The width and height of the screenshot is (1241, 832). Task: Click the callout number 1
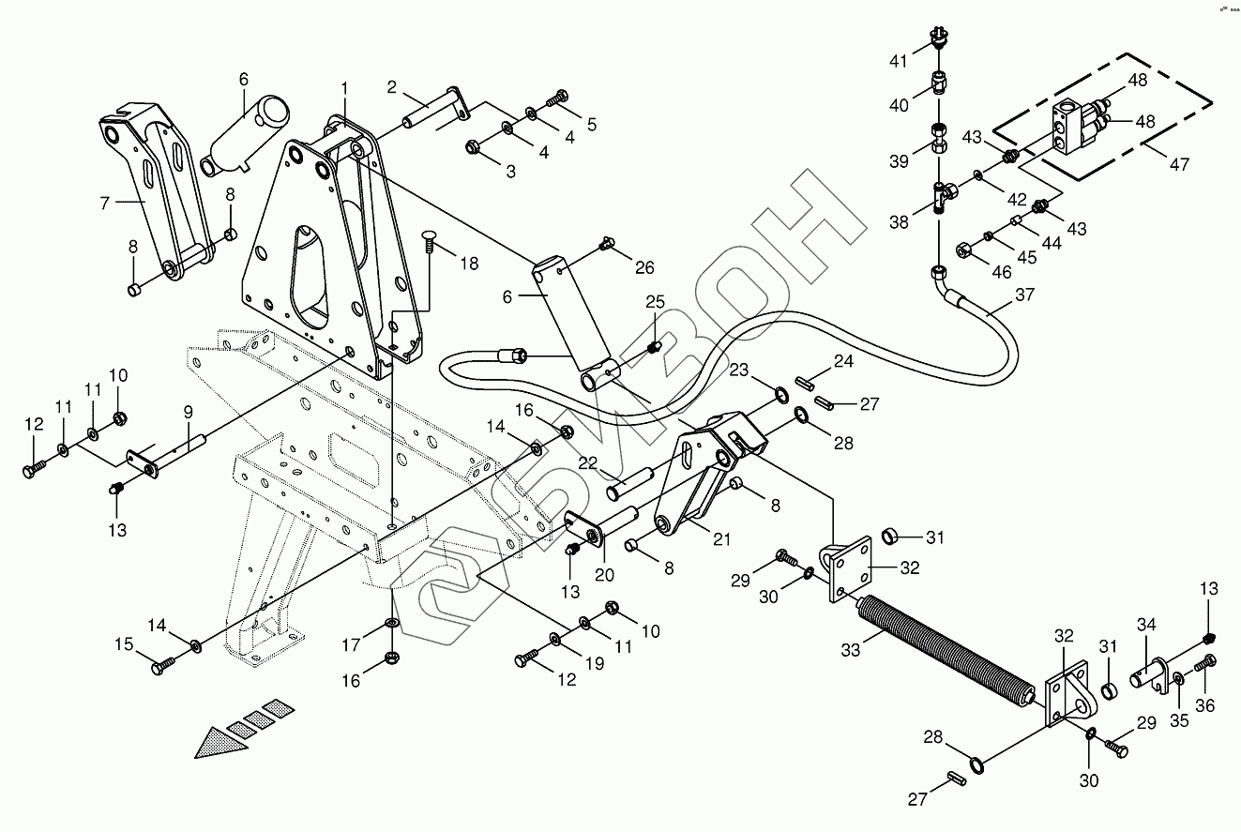344,88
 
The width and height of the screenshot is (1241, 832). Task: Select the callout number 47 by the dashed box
1179,164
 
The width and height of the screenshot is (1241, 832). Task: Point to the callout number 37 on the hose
1024,295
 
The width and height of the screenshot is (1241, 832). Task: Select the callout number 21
720,539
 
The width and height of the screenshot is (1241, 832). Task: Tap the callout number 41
899,63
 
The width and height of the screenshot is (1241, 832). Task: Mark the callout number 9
188,412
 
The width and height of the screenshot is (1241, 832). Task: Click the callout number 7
104,202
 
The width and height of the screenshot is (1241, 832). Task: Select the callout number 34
1147,624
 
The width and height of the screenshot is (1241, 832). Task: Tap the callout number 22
587,462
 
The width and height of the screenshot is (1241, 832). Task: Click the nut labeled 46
963,250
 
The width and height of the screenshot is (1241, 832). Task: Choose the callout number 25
654,302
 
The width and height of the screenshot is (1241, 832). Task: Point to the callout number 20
604,575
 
